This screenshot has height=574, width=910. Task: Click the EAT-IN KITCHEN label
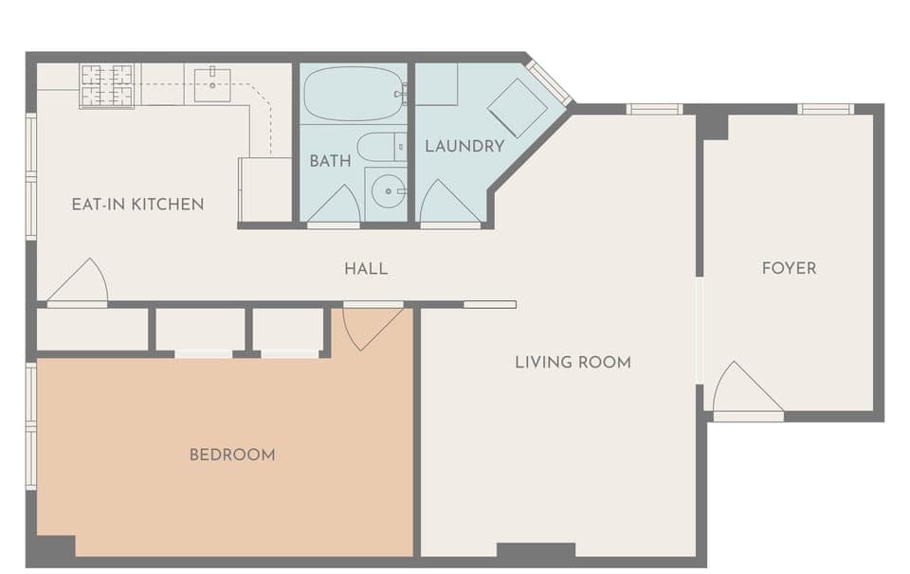[137, 204]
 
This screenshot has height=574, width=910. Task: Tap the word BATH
[330, 161]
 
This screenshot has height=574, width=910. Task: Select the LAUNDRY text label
[464, 146]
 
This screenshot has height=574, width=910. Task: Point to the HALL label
[366, 269]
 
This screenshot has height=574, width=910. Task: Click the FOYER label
[789, 268]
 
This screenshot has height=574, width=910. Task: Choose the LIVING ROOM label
[573, 362]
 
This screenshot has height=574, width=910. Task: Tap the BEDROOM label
[232, 455]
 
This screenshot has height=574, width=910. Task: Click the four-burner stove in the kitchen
[106, 85]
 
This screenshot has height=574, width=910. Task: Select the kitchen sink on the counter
[213, 84]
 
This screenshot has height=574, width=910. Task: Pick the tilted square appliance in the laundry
[518, 107]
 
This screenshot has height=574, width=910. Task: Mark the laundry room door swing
[448, 203]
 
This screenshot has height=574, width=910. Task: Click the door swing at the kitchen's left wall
[78, 282]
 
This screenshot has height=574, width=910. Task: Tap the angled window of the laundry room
[549, 83]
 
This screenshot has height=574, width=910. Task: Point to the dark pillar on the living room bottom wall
[536, 550]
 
